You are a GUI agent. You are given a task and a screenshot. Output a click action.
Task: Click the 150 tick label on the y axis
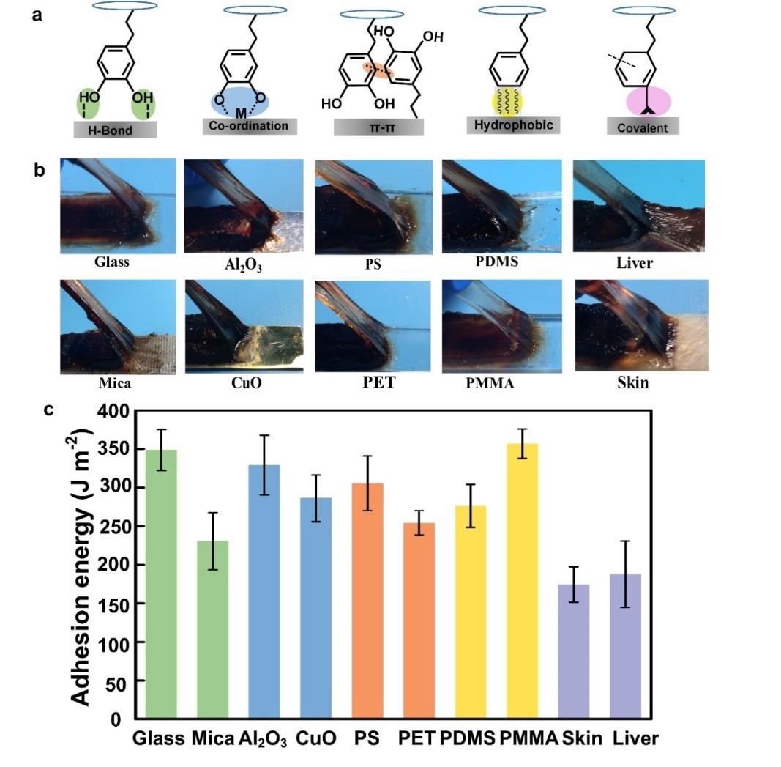(115, 604)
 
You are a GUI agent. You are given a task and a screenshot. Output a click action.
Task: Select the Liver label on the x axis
(636, 738)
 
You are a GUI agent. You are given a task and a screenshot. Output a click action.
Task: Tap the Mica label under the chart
(213, 738)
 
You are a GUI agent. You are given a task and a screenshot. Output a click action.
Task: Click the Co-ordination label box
(245, 126)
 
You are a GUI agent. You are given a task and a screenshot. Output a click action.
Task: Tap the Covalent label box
(643, 127)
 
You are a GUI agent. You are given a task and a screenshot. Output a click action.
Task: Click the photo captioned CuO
(244, 325)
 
